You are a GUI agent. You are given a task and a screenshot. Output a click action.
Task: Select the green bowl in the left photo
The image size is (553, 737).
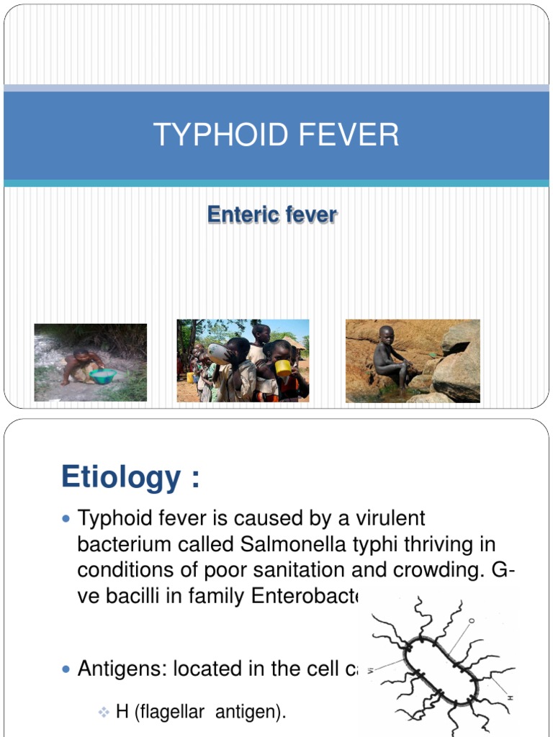pos(103,376)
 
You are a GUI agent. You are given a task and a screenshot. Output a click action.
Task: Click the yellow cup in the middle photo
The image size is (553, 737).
pos(284,368)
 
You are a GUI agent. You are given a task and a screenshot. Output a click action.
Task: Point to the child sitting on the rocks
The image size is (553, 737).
pos(389,357)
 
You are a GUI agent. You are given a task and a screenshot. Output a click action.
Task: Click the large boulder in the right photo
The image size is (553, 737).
pos(457,370)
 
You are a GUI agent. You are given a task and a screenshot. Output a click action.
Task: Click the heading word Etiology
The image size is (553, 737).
pos(121,476)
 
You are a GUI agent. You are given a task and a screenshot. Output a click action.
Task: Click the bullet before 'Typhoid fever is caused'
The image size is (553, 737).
pos(67,518)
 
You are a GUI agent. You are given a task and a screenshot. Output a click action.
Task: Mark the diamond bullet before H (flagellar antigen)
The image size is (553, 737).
pos(103,713)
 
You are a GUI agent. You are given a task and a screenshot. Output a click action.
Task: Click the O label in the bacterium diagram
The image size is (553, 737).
pos(472,618)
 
